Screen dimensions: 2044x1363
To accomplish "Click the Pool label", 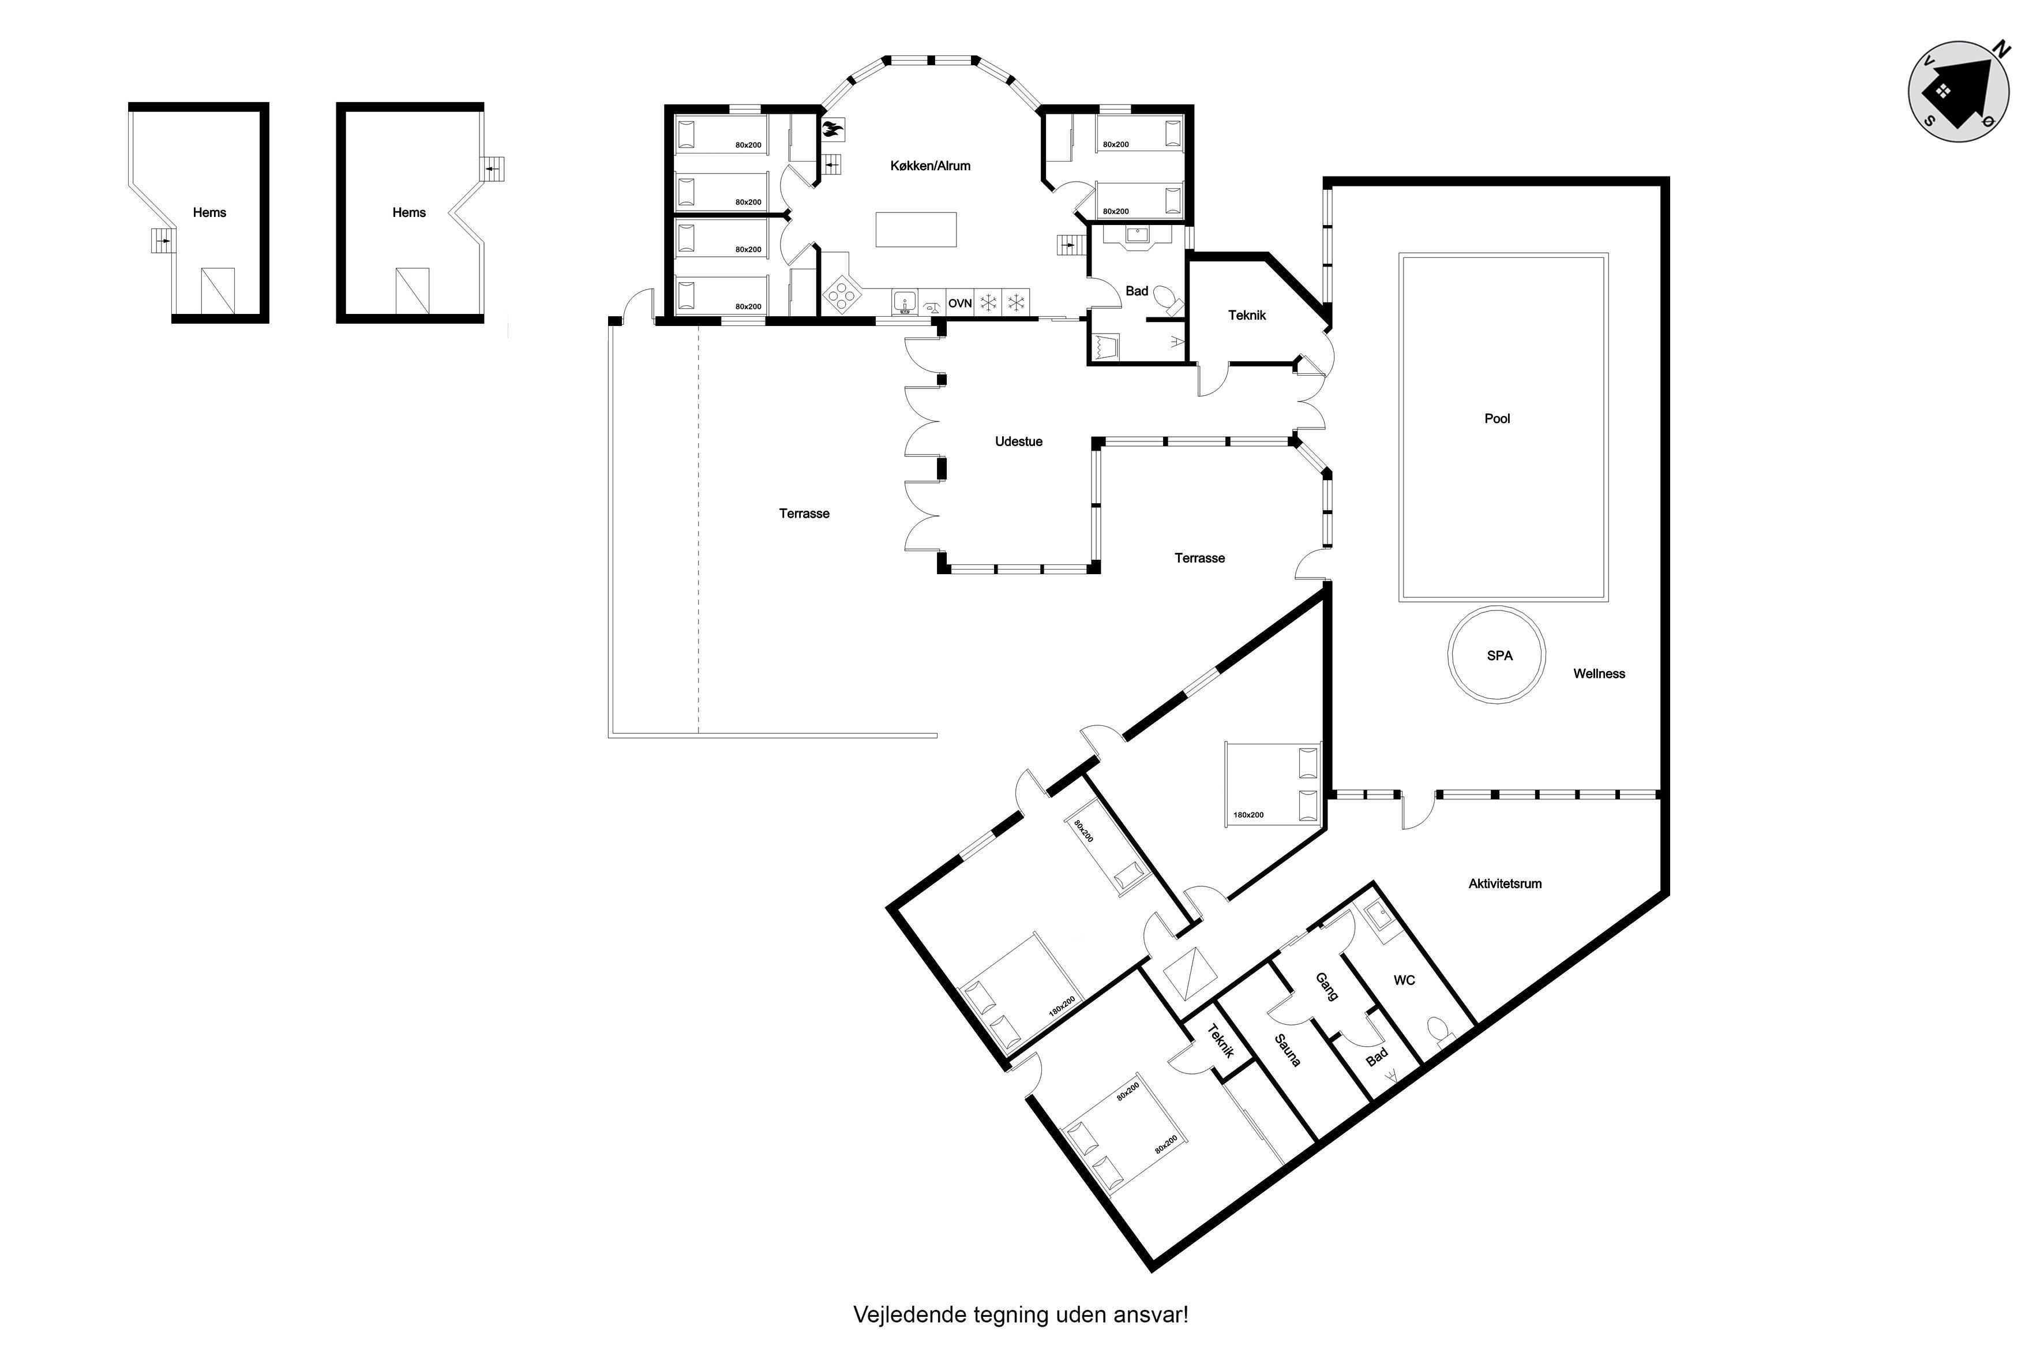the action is pos(1497,419).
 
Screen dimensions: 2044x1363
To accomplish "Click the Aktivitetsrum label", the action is pos(1505,884).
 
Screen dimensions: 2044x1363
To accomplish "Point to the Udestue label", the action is pos(1018,441).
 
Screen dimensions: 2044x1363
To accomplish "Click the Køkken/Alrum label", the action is pos(930,166).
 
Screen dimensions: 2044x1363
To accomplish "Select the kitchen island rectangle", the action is pos(916,230).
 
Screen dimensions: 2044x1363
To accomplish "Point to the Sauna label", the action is pos(1287,1050).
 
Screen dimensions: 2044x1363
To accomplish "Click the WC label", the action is pos(1404,980).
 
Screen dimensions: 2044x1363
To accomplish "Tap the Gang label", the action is pos(1326,987).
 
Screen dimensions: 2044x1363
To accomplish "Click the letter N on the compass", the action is pos(2001,50).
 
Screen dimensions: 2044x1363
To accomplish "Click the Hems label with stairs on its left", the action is pos(209,213).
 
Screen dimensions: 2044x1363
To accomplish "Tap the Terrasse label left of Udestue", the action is pos(804,514).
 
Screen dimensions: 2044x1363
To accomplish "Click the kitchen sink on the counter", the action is pos(905,302).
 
